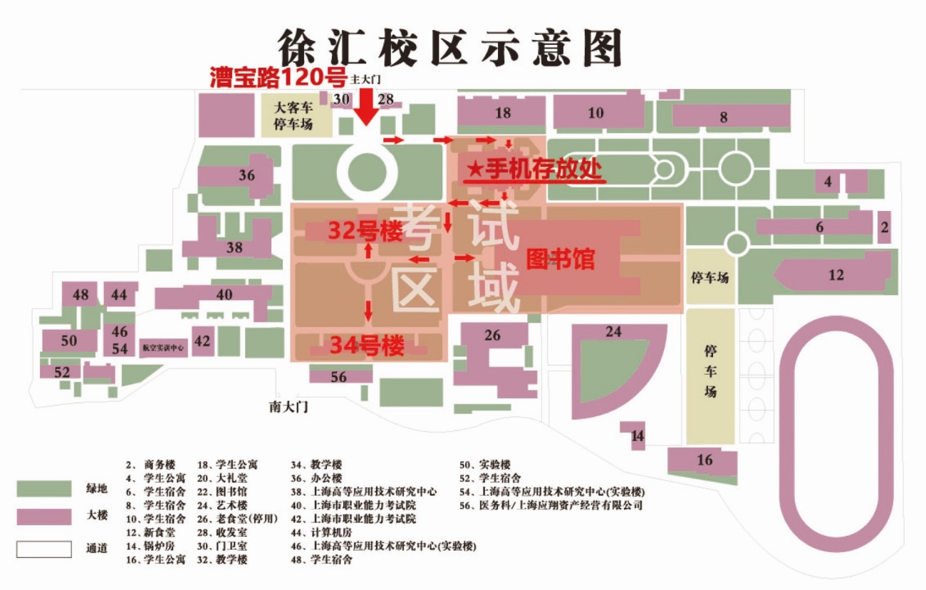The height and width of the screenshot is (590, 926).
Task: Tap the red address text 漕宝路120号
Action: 278,78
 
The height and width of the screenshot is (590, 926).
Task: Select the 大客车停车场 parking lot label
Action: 293,116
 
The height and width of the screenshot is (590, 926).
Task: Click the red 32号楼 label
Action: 365,231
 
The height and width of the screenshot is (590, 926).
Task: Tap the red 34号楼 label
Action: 367,346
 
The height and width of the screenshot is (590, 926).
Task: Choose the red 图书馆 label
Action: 560,259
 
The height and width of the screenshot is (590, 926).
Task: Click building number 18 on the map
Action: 503,113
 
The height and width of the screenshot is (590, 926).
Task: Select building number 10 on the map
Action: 595,113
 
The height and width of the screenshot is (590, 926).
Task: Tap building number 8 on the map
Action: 724,118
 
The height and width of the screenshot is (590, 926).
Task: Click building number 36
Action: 246,175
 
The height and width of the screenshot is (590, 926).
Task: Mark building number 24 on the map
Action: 613,332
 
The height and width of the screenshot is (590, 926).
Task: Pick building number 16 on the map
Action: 704,460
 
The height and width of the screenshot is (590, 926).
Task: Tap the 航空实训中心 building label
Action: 163,349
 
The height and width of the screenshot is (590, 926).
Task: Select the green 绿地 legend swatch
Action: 44,488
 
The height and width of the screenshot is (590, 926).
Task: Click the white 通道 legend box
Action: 44,549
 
